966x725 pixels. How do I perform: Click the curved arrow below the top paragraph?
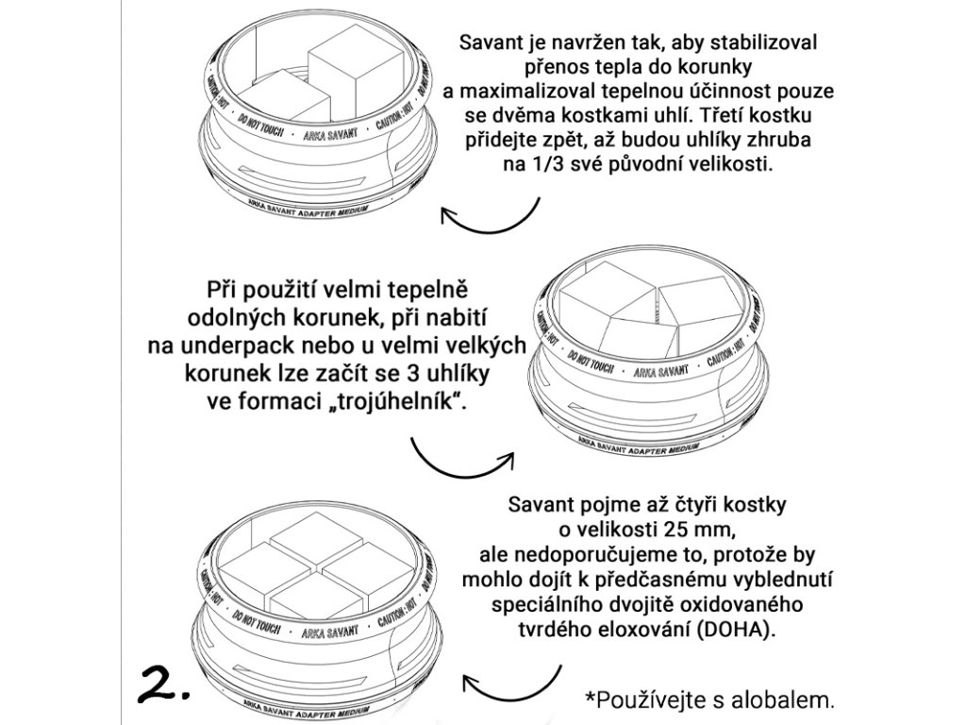490,218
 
